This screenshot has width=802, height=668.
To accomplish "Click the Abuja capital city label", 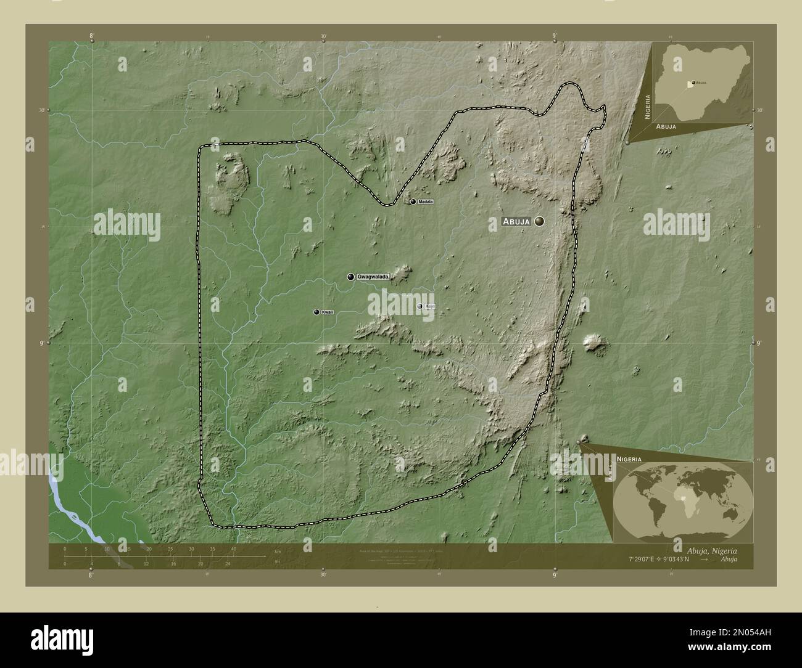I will click(x=516, y=221).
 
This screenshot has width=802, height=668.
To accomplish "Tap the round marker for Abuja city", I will click(x=540, y=221).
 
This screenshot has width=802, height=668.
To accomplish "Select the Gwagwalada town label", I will click(x=373, y=277).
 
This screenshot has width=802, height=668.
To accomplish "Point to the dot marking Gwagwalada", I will click(x=351, y=277).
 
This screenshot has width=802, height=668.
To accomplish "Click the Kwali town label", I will click(x=328, y=312).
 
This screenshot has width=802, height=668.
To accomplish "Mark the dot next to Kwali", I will click(x=316, y=312).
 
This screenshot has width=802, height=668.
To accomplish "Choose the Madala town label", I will click(x=426, y=202).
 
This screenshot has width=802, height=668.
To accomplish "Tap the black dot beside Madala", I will click(x=413, y=202).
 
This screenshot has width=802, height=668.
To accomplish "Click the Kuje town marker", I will click(x=420, y=306).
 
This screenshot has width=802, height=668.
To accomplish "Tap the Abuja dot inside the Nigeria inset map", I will click(x=693, y=82).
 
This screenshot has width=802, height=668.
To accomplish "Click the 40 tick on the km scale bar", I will click(x=233, y=549).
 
